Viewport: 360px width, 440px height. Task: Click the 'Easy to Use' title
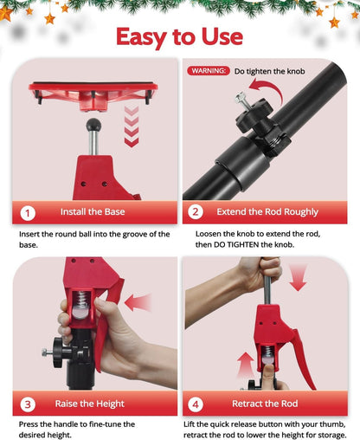point(179,37)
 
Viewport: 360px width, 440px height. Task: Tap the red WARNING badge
point(209,71)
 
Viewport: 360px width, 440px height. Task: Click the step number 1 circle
point(28,213)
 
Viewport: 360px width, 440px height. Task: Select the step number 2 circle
point(196,212)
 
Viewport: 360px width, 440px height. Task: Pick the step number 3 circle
point(28,404)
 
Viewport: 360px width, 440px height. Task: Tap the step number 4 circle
point(196,404)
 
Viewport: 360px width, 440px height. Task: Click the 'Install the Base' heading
point(93,212)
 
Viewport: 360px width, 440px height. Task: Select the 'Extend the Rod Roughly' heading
point(267,212)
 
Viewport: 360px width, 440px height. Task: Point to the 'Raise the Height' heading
point(90,404)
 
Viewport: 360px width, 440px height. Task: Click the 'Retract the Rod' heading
point(265,404)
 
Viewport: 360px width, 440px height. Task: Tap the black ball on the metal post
point(93,125)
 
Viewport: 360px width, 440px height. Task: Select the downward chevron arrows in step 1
point(132,126)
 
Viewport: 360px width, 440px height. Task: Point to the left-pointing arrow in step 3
point(138,302)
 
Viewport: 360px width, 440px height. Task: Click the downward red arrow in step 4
point(298,278)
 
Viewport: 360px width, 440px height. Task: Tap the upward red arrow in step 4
point(245,365)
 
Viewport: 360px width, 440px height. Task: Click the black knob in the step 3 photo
point(57,353)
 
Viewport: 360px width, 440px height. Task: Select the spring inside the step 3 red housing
point(82,300)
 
